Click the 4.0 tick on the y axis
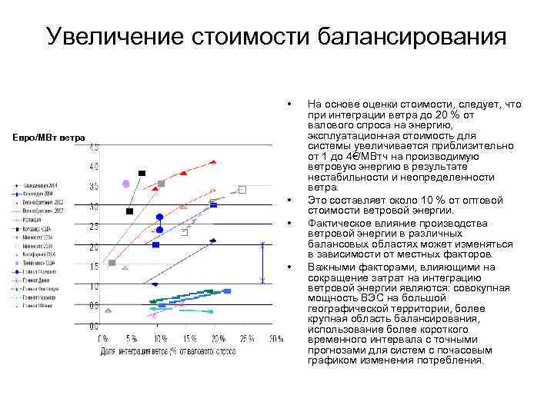(x=93, y=166)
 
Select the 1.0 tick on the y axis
(x=93, y=287)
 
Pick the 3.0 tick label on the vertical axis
(x=93, y=207)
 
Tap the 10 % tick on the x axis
(x=161, y=338)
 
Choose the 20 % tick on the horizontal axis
(x=219, y=338)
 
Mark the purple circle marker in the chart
(x=126, y=184)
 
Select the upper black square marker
(x=142, y=174)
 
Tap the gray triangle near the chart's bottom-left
(x=108, y=310)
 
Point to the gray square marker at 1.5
(x=112, y=263)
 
